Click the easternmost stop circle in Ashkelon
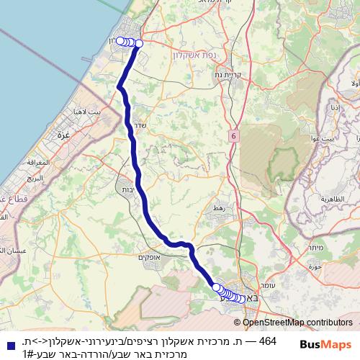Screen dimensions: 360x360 click(139, 44)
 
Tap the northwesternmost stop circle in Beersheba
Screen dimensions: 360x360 click(216, 287)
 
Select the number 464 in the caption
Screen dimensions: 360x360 click(266, 341)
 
